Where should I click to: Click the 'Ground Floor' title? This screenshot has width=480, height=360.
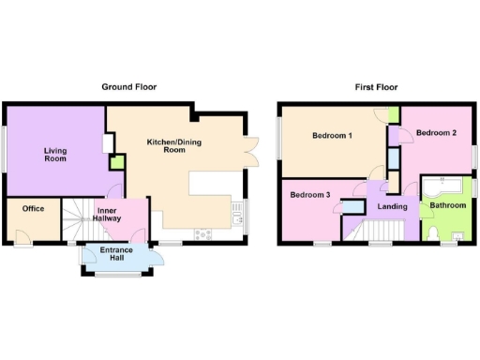[129, 86]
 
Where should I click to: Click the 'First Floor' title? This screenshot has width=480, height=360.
[376, 86]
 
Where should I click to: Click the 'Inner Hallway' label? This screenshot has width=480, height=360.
[113, 217]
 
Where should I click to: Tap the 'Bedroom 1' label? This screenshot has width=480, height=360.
[333, 136]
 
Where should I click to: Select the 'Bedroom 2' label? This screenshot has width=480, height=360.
[436, 133]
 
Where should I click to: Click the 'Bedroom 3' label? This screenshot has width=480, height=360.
[309, 195]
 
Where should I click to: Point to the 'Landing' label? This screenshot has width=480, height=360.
[393, 206]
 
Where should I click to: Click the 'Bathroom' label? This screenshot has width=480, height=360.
[448, 204]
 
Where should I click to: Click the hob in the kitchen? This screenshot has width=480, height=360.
[202, 233]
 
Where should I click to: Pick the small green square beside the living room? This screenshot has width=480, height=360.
[115, 162]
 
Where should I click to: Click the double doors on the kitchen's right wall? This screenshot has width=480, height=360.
[248, 151]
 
